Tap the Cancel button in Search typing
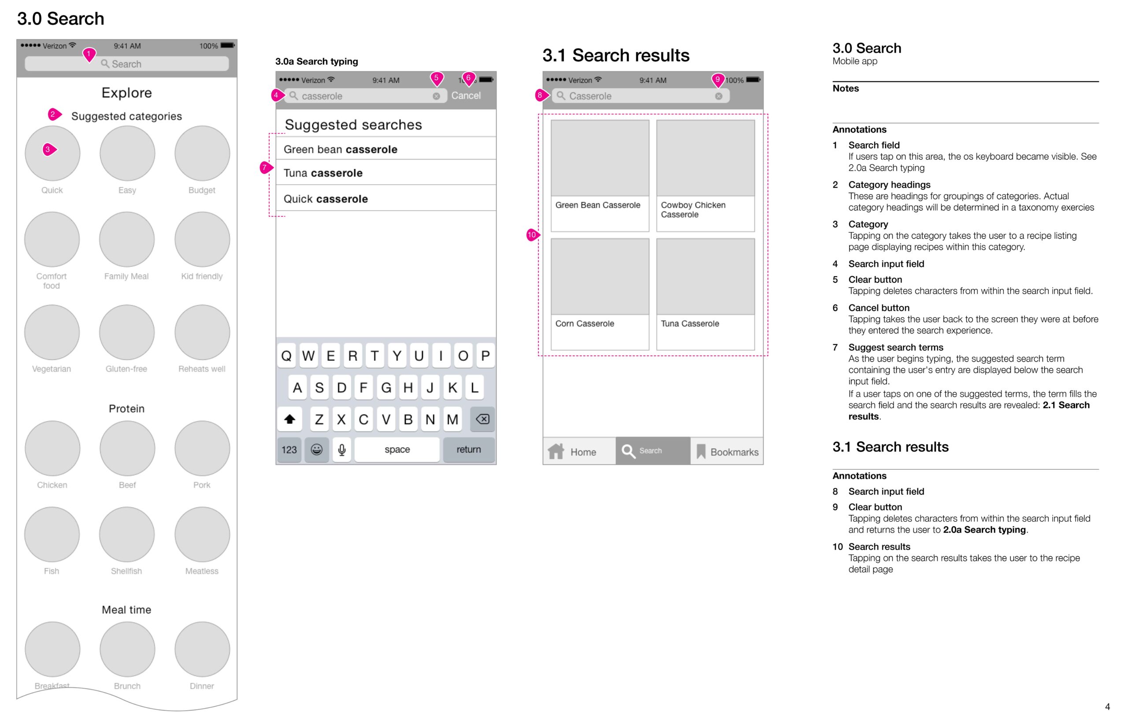pos(465,96)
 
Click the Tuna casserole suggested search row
pos(386,173)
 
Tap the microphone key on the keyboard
pos(341,449)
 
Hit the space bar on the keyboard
pos(397,449)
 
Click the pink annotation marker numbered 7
pos(265,167)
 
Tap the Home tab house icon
pos(556,451)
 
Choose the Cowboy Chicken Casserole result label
pos(692,210)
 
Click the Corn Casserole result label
pos(584,324)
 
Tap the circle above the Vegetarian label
pos(52,332)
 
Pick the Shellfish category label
pos(126,571)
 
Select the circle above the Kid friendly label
pos(202,239)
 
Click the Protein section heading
pos(126,409)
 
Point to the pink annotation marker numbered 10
pos(532,235)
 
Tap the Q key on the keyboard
pos(286,356)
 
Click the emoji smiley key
pos(317,449)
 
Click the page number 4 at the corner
pos(1107,707)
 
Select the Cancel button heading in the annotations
pos(878,308)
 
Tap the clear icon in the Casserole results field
pos(718,96)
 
